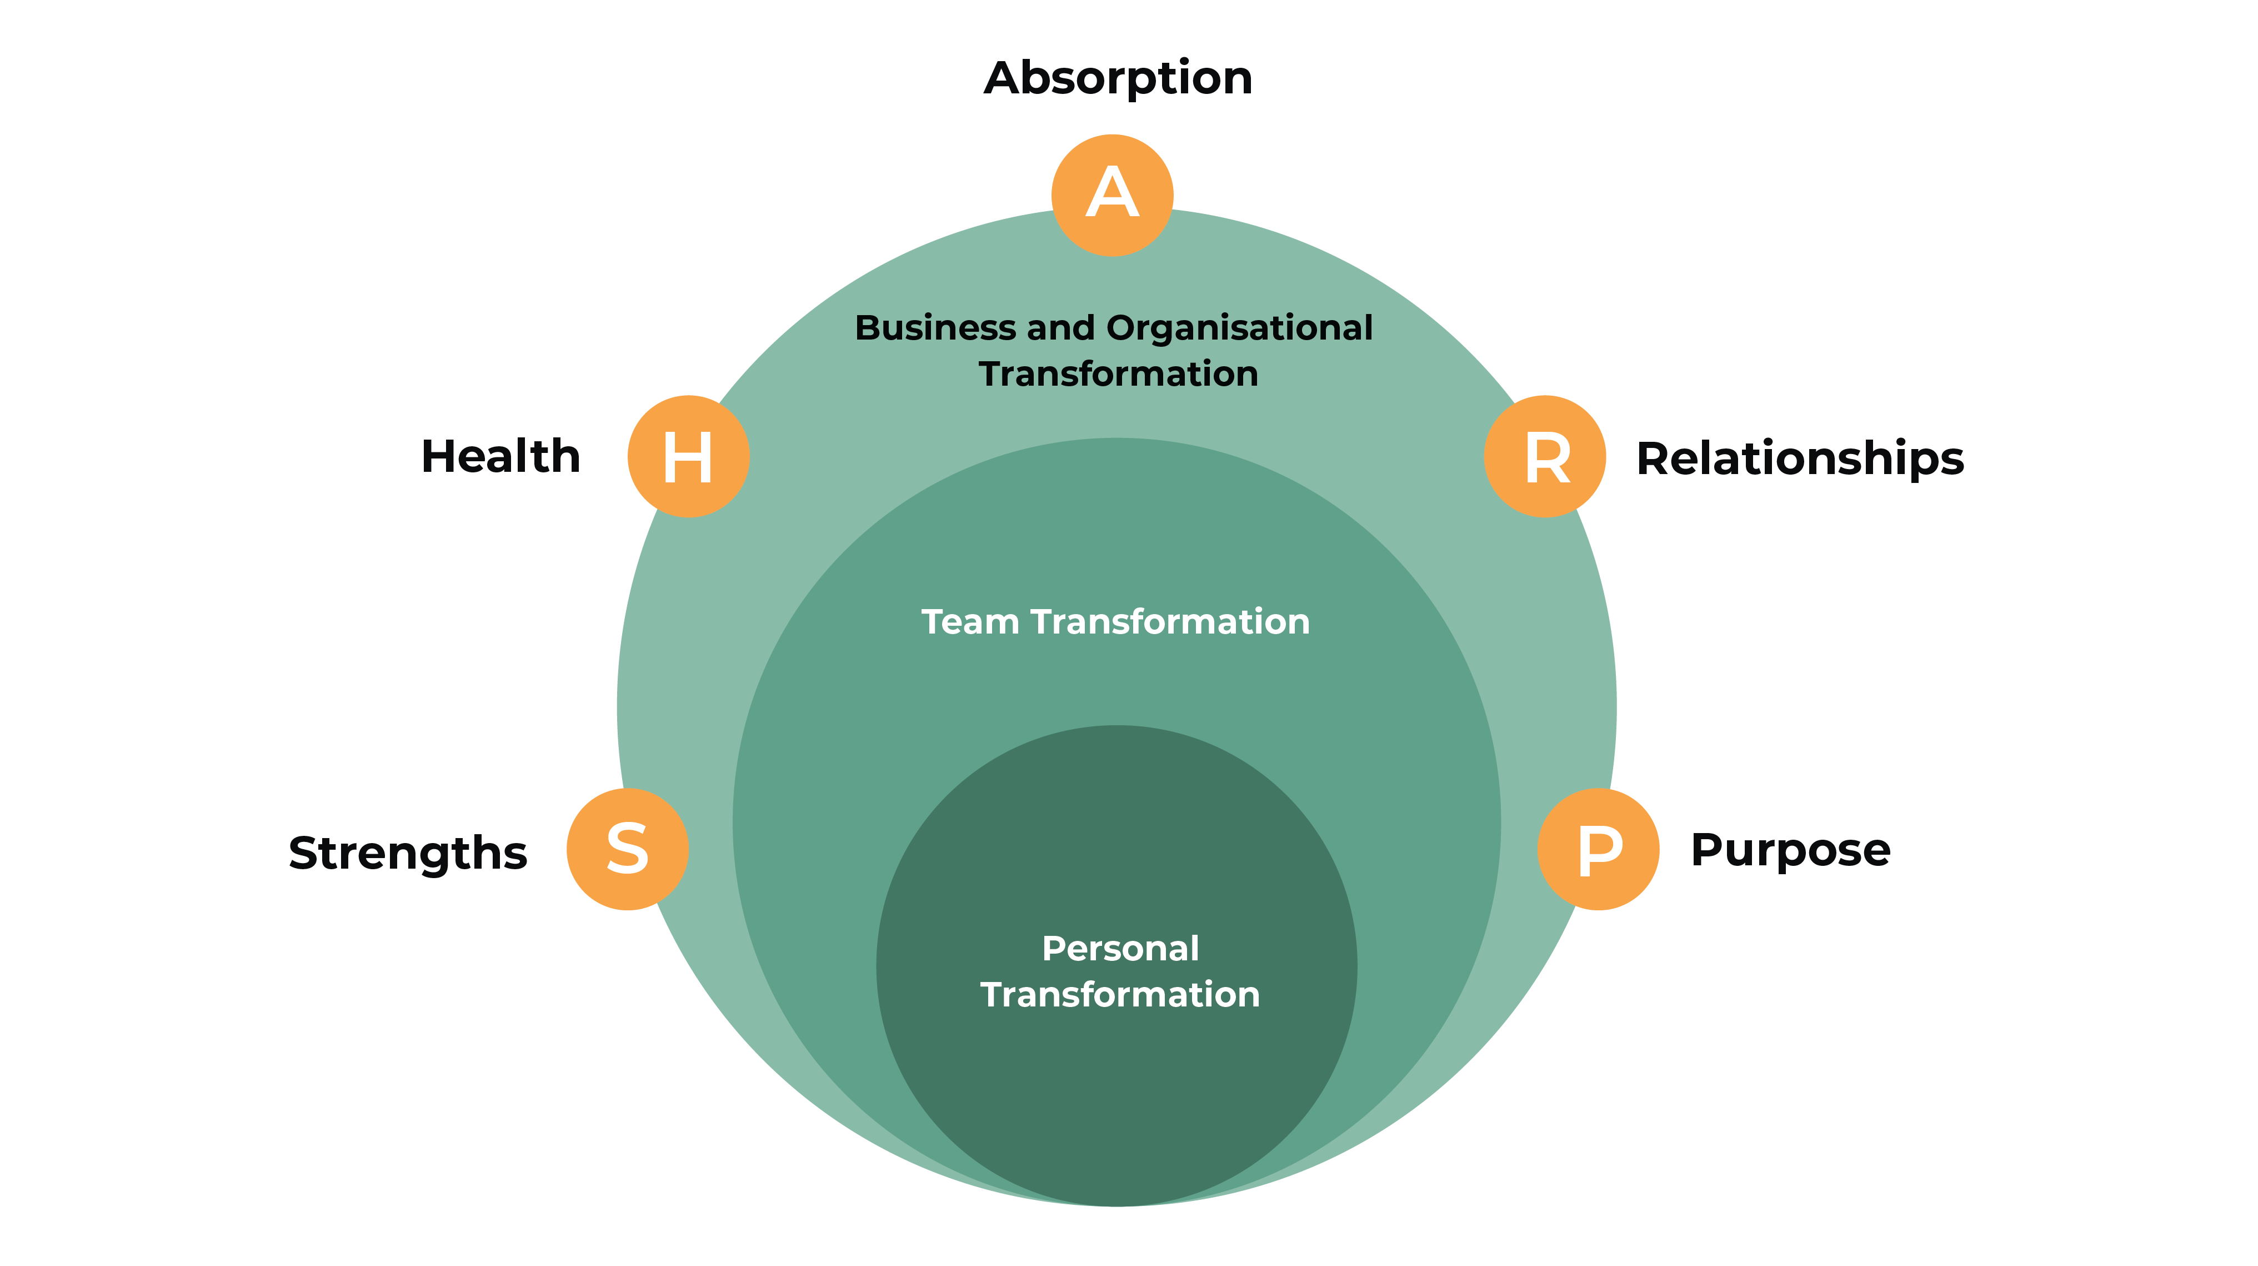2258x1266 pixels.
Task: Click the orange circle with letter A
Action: pyautogui.click(x=1113, y=195)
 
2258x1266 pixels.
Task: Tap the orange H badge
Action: pyautogui.click(x=688, y=456)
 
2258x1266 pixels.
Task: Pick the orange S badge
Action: pyautogui.click(x=628, y=849)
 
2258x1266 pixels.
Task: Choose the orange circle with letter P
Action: pyautogui.click(x=1598, y=849)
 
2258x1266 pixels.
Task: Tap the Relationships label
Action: pyautogui.click(x=1800, y=458)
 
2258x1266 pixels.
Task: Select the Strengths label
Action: pyautogui.click(x=408, y=853)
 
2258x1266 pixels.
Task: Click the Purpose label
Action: pyautogui.click(x=1790, y=850)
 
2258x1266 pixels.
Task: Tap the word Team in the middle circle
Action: pyautogui.click(x=970, y=621)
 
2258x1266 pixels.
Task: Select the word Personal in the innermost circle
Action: pyautogui.click(x=1120, y=949)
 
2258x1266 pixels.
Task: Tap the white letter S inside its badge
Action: pyautogui.click(x=628, y=849)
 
